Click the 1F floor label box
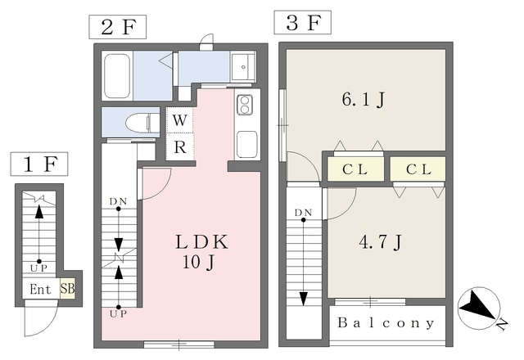39,165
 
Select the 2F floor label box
117,26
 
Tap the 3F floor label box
302,22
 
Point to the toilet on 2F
140,122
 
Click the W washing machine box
181,121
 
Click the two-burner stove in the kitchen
245,105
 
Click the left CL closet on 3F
353,169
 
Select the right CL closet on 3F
418,169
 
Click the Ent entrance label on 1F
41,289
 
